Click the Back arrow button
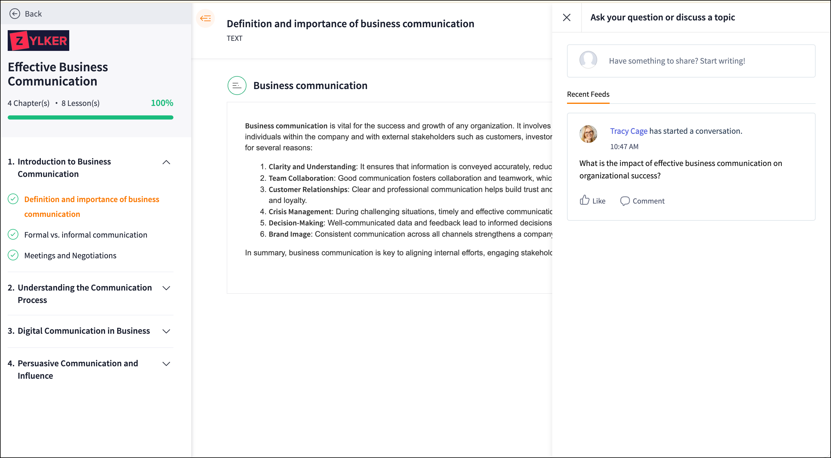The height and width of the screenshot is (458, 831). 15,14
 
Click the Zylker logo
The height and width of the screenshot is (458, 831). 38,41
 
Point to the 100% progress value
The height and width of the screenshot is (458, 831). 162,103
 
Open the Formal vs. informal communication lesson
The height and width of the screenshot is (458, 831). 86,235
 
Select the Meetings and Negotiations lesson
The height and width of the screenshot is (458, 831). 70,255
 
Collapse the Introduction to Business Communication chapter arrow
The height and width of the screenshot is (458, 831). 166,162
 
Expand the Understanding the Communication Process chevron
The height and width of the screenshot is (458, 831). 166,288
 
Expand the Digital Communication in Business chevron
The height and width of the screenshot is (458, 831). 166,331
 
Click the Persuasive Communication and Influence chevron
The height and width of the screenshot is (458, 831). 166,364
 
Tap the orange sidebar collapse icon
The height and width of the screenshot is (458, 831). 205,18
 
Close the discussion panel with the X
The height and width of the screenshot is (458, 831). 566,17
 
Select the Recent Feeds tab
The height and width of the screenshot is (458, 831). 588,94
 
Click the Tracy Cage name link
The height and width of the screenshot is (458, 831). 628,131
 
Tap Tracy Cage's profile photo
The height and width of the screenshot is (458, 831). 588,134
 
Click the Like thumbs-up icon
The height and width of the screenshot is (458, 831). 584,200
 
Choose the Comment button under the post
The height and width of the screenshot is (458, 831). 642,201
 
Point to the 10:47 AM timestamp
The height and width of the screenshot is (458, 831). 624,146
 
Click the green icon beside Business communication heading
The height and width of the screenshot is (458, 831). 237,86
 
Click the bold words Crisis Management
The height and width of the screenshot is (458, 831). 300,212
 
